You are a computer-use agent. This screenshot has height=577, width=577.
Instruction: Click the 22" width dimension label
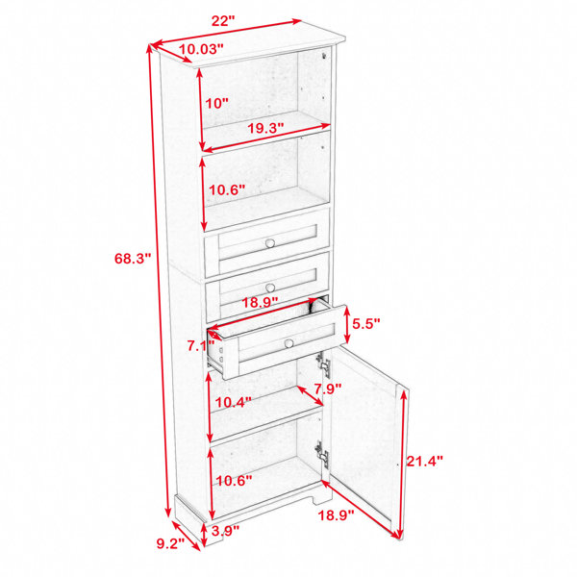pos(223,20)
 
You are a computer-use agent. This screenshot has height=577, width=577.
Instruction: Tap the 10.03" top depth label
pos(201,49)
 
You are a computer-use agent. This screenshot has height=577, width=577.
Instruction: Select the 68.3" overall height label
pos(133,259)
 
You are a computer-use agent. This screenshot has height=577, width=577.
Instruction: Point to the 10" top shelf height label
pos(216,104)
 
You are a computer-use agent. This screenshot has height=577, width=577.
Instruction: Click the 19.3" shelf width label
pos(265,128)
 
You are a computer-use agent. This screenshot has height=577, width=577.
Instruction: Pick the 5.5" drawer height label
pos(365,323)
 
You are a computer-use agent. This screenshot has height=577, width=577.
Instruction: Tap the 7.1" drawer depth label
pos(201,346)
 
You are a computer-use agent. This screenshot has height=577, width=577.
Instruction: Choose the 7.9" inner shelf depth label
pos(328,389)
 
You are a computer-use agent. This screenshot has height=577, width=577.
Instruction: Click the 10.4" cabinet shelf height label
pos(234,402)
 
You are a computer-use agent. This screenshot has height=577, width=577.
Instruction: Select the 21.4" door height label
pos(425,461)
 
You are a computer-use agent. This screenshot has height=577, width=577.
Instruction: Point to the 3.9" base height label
pos(226,530)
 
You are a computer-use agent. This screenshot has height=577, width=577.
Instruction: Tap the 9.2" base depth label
pos(171,543)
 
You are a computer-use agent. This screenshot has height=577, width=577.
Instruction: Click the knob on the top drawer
pos(270,243)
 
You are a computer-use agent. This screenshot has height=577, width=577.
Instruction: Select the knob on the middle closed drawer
pos(270,288)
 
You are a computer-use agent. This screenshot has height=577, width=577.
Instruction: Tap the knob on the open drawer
pos(289,343)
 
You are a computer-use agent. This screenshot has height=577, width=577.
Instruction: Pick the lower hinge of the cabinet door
pos(321,455)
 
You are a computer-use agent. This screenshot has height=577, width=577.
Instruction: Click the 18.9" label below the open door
pos(336,515)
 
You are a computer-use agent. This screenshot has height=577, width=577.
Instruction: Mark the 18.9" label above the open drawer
pos(260,303)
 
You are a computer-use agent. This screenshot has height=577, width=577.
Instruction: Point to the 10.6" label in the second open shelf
pos(227,189)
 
